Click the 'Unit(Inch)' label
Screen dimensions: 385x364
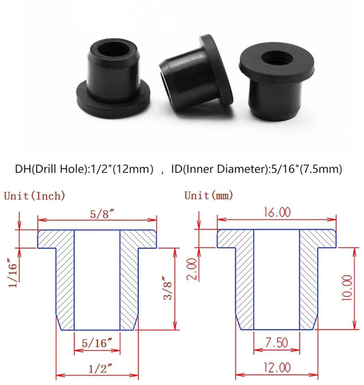click(x=35, y=196)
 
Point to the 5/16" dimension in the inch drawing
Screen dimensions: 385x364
click(x=96, y=342)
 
